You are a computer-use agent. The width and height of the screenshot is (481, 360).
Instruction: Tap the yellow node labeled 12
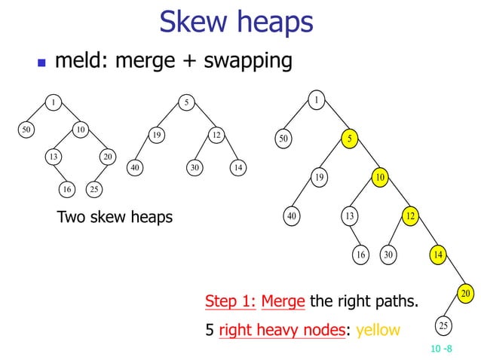[x=411, y=216]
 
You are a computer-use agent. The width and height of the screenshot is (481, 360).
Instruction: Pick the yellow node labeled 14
[x=438, y=255]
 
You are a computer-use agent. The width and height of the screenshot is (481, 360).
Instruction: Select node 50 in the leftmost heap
[x=26, y=130]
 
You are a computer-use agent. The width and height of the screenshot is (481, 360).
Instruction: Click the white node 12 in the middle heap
[x=216, y=136]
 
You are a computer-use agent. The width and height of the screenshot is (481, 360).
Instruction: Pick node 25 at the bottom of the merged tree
[x=443, y=325]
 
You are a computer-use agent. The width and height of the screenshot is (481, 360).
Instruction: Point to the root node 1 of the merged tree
[x=317, y=99]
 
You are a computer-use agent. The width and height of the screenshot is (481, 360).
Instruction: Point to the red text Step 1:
[x=230, y=302]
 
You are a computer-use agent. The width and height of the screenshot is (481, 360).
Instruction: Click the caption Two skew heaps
[x=115, y=218]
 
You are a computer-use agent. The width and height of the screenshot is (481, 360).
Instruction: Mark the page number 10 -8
[x=441, y=348]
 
